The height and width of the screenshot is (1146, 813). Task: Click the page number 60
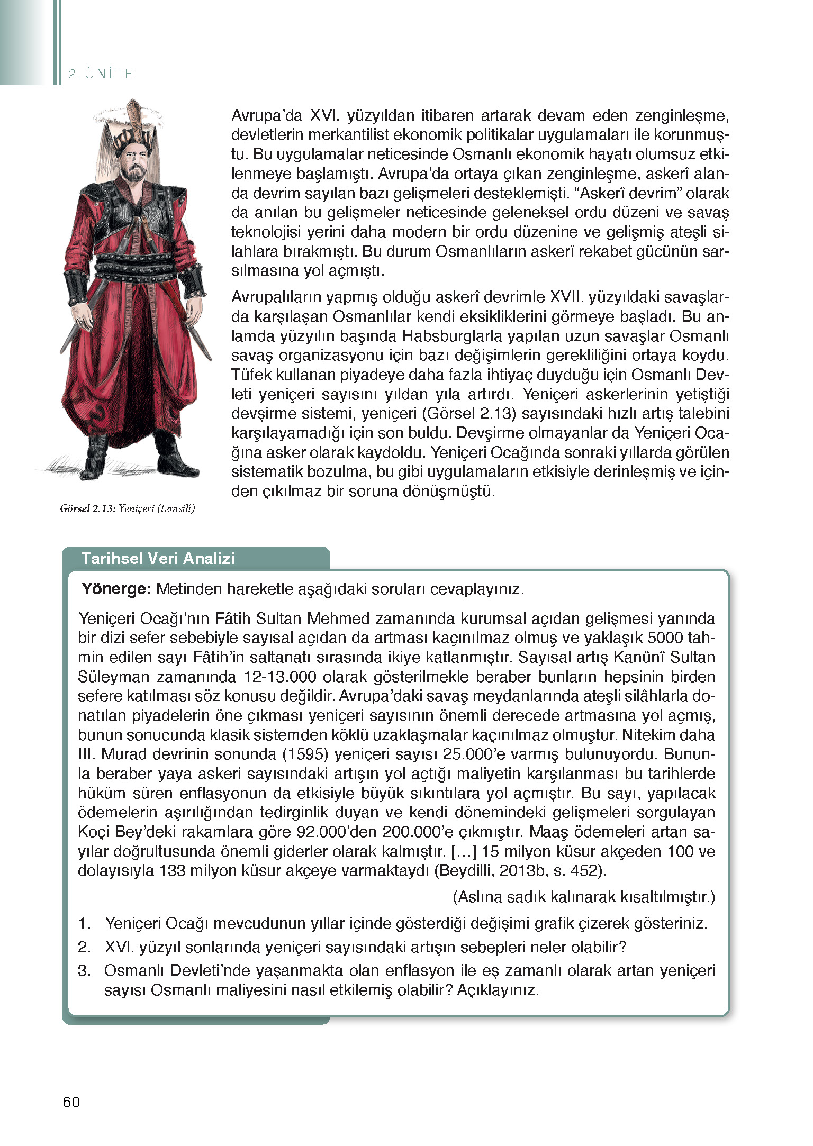coord(71,1102)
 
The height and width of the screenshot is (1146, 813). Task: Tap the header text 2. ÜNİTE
coord(101,74)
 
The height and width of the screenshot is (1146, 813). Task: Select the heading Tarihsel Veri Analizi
coord(158,559)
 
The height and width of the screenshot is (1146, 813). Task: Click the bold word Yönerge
coord(116,589)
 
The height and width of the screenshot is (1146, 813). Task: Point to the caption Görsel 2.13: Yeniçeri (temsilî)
coord(128,508)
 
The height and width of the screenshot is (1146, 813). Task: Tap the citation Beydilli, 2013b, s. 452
coord(520,870)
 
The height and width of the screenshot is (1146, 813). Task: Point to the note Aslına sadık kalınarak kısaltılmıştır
coord(584,897)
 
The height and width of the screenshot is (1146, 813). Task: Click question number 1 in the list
coord(85,923)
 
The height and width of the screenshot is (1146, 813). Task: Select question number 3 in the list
coord(85,970)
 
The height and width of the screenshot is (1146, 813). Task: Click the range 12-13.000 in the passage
coord(280,677)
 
